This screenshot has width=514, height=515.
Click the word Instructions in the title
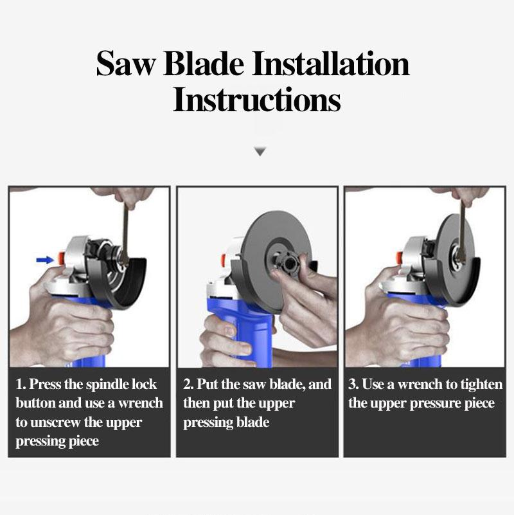pos(256,101)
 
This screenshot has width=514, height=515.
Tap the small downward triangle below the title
pos(260,152)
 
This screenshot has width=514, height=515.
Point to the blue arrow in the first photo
pos(44,260)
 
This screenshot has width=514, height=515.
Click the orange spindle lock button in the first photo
pos(61,258)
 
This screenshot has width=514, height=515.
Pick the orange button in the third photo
pos(399,258)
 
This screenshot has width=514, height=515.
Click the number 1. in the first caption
pos(21,385)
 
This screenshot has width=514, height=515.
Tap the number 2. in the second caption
pos(188,385)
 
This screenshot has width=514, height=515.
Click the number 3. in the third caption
pos(354,385)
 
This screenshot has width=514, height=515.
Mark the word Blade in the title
pos(205,64)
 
